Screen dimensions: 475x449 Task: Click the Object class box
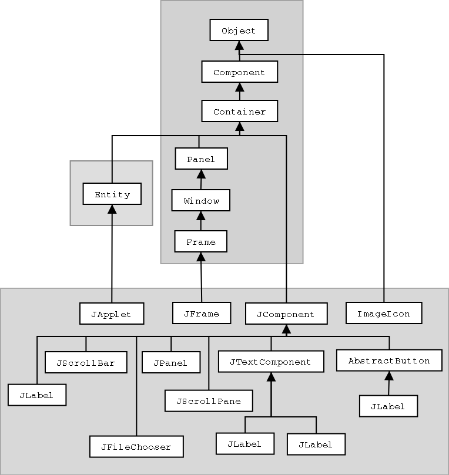pos(239,31)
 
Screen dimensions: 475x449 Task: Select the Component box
pos(239,72)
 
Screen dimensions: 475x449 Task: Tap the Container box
pos(239,111)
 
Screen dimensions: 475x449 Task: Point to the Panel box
pos(201,159)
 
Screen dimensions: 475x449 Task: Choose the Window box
pos(201,200)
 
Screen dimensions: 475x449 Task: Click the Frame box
pos(201,241)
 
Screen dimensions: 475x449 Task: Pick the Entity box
pos(112,194)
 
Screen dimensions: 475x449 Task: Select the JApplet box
pos(112,314)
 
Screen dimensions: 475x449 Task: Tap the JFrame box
pos(201,313)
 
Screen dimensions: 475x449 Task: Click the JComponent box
pos(286,314)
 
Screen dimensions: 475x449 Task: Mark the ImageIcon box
pos(383,313)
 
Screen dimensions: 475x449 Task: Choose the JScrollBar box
pos(86,362)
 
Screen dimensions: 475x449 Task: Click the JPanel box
pos(170,362)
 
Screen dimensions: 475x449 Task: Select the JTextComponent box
pos(271,361)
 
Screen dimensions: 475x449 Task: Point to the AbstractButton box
pos(389,360)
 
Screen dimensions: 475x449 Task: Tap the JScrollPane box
pos(209,400)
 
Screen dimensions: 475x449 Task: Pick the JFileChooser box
pos(136,446)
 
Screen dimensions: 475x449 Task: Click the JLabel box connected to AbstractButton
pos(388,406)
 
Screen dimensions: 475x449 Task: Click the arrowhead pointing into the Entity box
pos(112,210)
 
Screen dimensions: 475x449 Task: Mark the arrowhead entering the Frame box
pos(201,257)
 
